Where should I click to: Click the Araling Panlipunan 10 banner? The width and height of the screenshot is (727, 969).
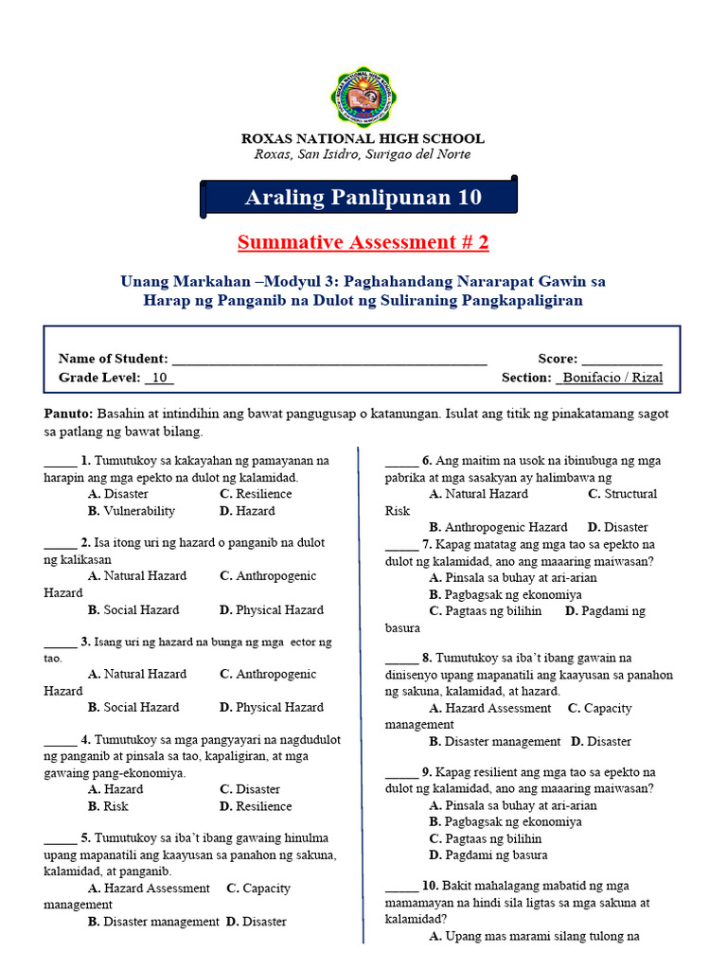point(363,198)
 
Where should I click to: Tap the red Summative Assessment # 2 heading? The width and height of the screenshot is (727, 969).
point(363,242)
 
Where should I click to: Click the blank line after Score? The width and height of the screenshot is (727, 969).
point(622,360)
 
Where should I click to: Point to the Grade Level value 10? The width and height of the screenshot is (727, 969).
point(159,378)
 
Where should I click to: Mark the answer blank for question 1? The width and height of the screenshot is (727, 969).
point(60,462)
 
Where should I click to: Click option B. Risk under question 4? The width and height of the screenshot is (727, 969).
point(108,806)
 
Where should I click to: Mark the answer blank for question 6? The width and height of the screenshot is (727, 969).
point(401,462)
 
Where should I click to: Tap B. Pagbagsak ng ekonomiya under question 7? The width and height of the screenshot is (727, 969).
point(505,594)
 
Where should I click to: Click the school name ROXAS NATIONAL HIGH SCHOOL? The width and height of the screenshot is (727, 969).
point(363,138)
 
